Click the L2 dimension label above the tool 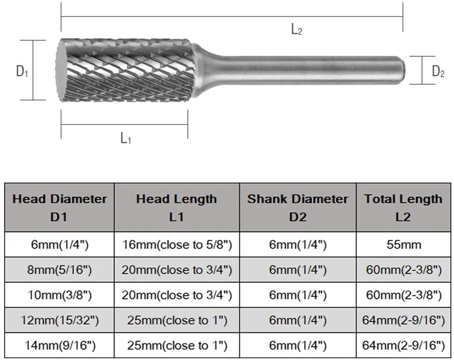[x=296, y=31]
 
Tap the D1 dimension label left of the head [x=22, y=71]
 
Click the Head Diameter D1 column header [x=60, y=207]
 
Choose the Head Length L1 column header [x=176, y=207]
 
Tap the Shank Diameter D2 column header [x=298, y=207]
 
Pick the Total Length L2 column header [x=403, y=207]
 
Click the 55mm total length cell [x=403, y=244]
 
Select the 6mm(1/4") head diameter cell [x=60, y=244]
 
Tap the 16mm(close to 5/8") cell [x=176, y=244]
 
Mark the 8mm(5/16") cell [x=60, y=270]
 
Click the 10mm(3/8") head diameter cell [x=60, y=295]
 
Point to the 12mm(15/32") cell [x=60, y=321]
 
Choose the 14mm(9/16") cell [x=60, y=345]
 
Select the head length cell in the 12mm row [x=176, y=321]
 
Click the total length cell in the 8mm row [x=403, y=270]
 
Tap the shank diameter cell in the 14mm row [x=298, y=345]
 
